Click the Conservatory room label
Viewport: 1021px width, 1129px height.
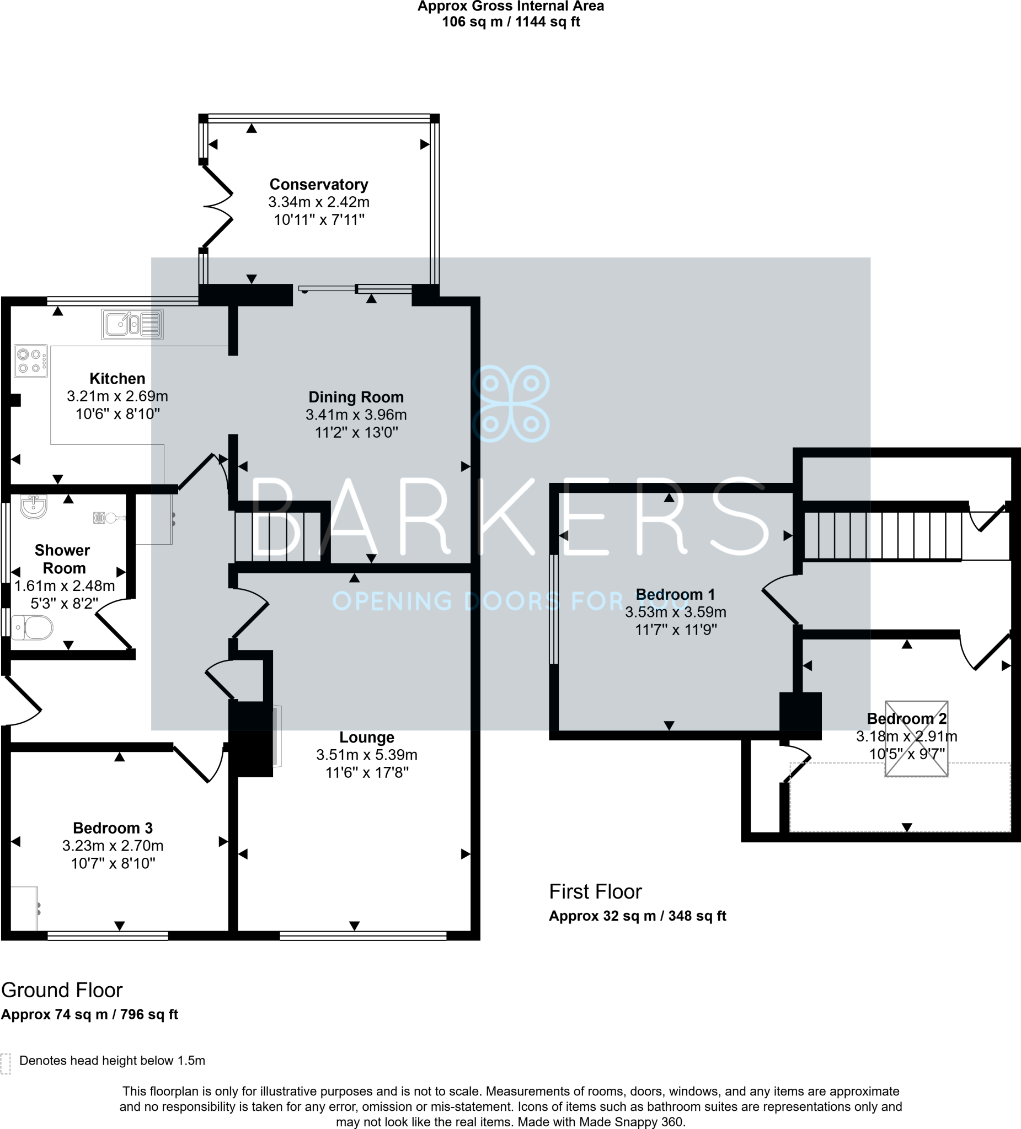click(318, 184)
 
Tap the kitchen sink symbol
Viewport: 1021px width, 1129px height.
click(132, 324)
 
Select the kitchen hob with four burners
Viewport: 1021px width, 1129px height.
click(31, 361)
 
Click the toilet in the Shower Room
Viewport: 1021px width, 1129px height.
click(33, 628)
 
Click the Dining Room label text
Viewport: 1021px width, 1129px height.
click(356, 397)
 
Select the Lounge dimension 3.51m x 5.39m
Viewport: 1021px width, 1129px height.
click(366, 755)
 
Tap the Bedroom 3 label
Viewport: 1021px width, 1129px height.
click(113, 827)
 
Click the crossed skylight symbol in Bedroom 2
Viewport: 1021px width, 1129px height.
click(916, 739)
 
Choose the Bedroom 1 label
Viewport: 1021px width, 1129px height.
click(675, 594)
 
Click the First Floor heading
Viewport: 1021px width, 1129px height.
click(595, 891)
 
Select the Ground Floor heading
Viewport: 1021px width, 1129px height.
click(62, 990)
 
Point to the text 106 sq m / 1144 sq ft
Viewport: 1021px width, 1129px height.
click(511, 22)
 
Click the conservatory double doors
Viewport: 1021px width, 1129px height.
click(217, 207)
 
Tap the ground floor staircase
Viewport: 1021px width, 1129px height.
click(278, 536)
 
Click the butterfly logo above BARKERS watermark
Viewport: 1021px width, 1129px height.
click(511, 403)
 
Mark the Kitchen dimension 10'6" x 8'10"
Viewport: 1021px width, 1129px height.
click(117, 414)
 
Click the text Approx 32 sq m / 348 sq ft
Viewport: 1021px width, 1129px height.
click(637, 916)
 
